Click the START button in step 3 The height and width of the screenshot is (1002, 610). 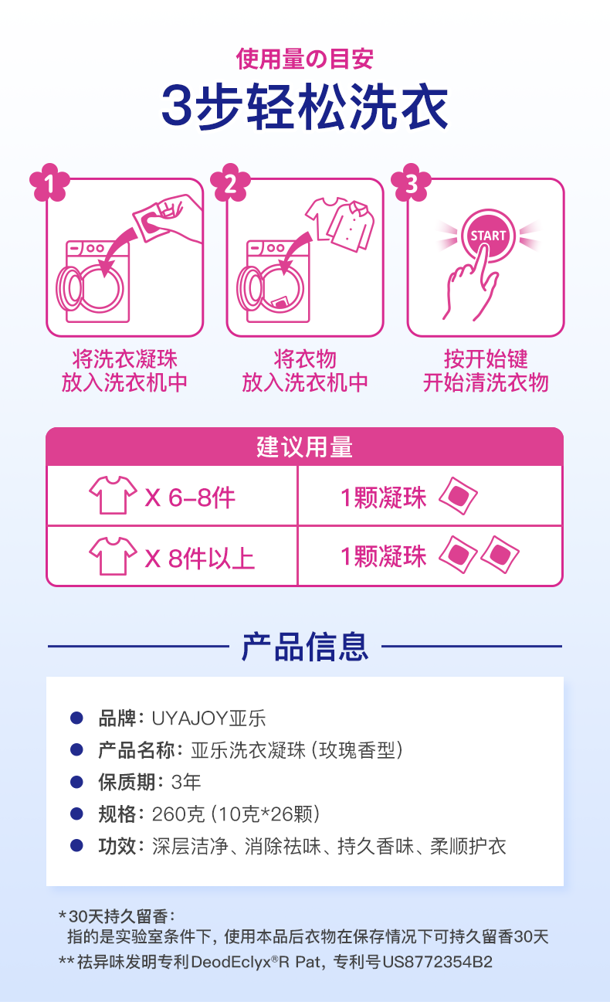click(488, 235)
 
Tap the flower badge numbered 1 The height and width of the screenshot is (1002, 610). click(49, 182)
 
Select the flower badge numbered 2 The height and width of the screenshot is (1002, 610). click(230, 182)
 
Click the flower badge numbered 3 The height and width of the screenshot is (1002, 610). click(411, 182)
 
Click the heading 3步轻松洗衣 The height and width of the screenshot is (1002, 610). click(304, 107)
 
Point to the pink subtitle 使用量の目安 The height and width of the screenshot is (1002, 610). click(304, 59)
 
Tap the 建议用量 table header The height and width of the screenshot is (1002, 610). click(304, 447)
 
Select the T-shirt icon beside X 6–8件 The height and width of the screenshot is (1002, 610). click(113, 495)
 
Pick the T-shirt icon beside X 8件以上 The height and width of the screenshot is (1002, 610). click(113, 555)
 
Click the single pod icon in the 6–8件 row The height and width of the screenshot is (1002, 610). click(458, 496)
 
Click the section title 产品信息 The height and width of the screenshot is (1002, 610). click(305, 647)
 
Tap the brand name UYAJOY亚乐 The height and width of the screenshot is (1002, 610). click(208, 718)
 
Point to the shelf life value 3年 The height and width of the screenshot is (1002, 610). click(186, 783)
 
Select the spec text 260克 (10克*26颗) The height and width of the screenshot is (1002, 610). click(236, 814)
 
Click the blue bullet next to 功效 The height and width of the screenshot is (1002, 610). click(77, 846)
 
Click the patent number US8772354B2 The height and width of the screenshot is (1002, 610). click(437, 962)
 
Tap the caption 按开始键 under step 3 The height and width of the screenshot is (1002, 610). click(486, 358)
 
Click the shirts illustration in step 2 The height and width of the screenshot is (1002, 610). click(341, 224)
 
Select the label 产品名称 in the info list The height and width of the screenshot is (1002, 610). click(137, 750)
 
